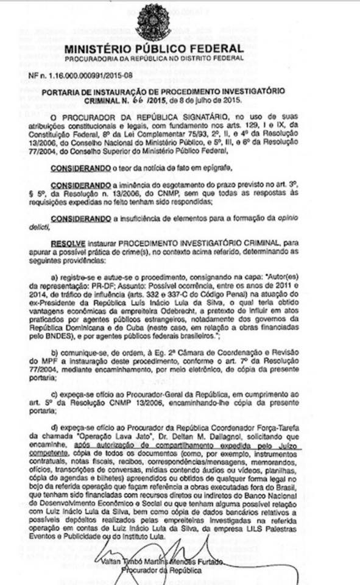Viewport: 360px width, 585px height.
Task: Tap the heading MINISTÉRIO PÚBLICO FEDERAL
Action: coord(154,48)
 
